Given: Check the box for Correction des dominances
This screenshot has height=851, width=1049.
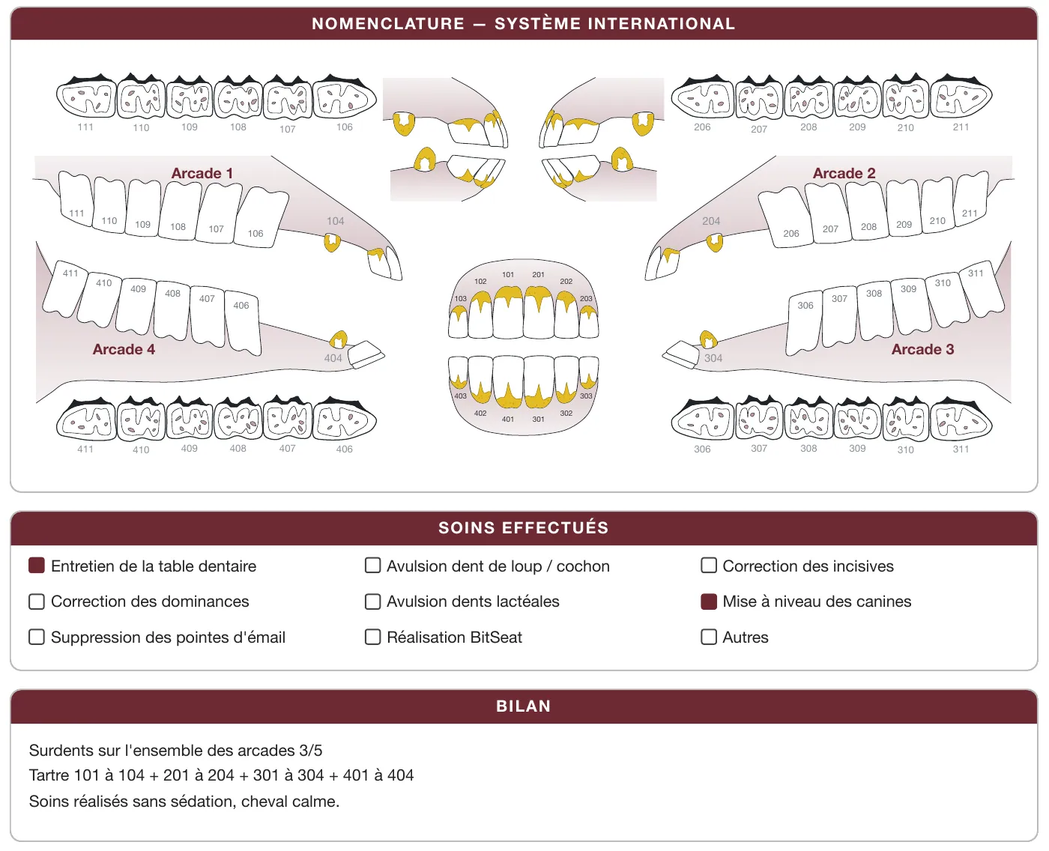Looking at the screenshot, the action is pyautogui.click(x=37, y=602).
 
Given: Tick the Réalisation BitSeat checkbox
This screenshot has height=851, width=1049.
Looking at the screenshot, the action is pyautogui.click(x=373, y=637).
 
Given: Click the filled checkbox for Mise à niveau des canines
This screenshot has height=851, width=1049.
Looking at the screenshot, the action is pyautogui.click(x=709, y=602).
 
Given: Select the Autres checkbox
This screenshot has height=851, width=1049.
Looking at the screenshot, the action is pyautogui.click(x=709, y=637).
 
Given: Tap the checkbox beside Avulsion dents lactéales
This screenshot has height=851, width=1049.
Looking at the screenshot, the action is pyautogui.click(x=373, y=602).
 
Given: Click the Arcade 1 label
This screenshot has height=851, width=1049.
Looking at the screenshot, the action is pyautogui.click(x=202, y=173).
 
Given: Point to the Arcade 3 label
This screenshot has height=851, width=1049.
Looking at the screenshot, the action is pyautogui.click(x=922, y=349).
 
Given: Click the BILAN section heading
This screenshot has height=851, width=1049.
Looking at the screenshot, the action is pyautogui.click(x=524, y=706).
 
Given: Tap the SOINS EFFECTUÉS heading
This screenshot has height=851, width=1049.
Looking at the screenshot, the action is pyautogui.click(x=524, y=527).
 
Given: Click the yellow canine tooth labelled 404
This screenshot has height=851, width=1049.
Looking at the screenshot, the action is pyautogui.click(x=339, y=339).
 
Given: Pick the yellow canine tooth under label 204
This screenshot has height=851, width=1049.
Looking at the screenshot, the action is pyautogui.click(x=714, y=243).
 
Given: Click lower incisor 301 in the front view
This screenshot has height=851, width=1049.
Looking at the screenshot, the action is pyautogui.click(x=539, y=383).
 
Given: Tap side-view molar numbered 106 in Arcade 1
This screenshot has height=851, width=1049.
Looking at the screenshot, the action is pyautogui.click(x=261, y=217).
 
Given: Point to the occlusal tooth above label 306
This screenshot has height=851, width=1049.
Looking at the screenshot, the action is pyautogui.click(x=704, y=420).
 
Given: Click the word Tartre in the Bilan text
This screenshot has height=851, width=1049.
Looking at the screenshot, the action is pyautogui.click(x=48, y=775).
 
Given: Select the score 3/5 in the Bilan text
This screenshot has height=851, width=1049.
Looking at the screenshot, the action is pyautogui.click(x=310, y=750).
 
